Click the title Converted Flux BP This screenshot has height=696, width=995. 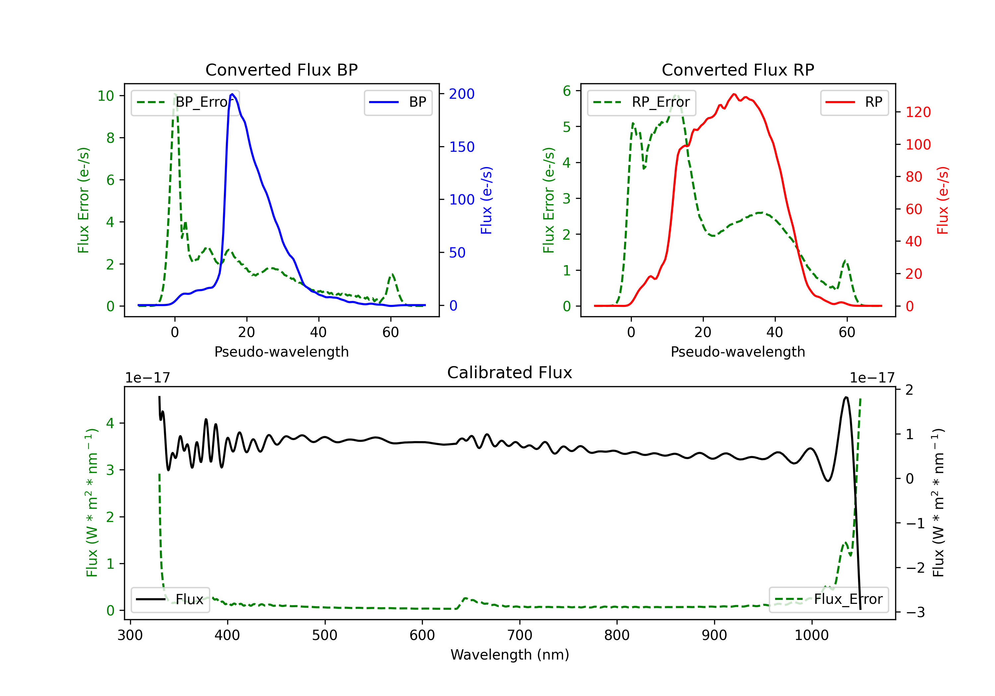pyautogui.click(x=281, y=70)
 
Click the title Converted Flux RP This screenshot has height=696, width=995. pyautogui.click(x=738, y=70)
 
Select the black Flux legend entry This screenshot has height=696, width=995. pyautogui.click(x=170, y=600)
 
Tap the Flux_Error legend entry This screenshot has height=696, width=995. pyautogui.click(x=828, y=600)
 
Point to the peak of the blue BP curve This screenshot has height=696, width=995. pyautogui.click(x=232, y=94)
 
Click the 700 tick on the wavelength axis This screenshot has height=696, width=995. pyautogui.click(x=520, y=635)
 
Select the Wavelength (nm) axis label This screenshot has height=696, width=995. pyautogui.click(x=510, y=655)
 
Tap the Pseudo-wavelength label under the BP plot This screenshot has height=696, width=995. pyautogui.click(x=281, y=352)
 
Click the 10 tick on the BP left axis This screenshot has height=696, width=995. pyautogui.click(x=106, y=96)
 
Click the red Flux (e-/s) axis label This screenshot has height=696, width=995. pyautogui.click(x=943, y=200)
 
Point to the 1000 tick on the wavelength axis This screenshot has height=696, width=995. pyautogui.click(x=811, y=635)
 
